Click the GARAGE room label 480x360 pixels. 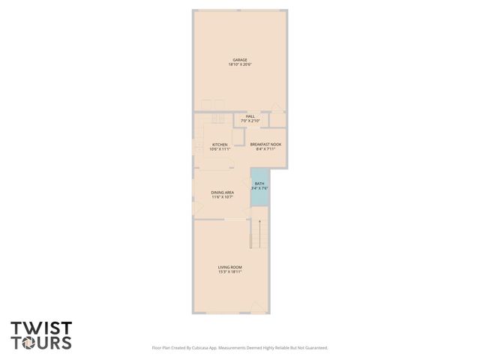(239, 60)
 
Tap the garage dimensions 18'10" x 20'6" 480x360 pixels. (239, 64)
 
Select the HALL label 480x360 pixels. (250, 116)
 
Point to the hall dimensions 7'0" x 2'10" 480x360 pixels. (250, 121)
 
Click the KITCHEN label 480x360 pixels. (220, 145)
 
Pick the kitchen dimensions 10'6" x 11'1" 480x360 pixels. (220, 149)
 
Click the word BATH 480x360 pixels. (259, 184)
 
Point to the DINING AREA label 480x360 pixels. (223, 193)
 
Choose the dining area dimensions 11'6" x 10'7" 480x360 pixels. (223, 197)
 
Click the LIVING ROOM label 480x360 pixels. (229, 267)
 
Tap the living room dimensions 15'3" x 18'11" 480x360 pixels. (229, 271)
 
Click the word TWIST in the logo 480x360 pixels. (41, 328)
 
